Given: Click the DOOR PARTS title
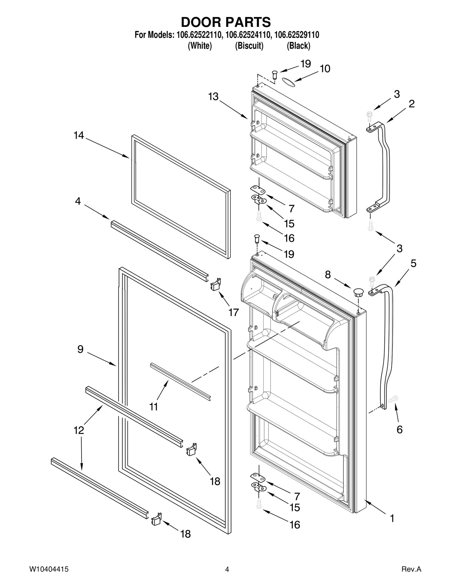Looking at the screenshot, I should tap(226, 22).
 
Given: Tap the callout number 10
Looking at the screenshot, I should tap(325, 69).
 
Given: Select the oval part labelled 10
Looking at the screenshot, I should tap(289, 81).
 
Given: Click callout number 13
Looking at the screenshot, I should tap(213, 97).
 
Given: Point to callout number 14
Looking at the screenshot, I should tap(79, 136).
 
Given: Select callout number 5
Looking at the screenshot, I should tap(413, 263).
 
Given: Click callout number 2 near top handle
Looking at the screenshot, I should tap(411, 104).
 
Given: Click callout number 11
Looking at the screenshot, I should tap(153, 407).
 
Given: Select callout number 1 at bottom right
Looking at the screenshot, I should tap(392, 518).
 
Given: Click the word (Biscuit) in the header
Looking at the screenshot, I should tap(249, 46).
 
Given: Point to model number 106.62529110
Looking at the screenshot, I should tap(297, 35).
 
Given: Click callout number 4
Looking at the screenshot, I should tap(78, 201).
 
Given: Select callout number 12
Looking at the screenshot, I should tap(79, 430).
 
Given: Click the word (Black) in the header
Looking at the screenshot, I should tap(298, 46).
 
